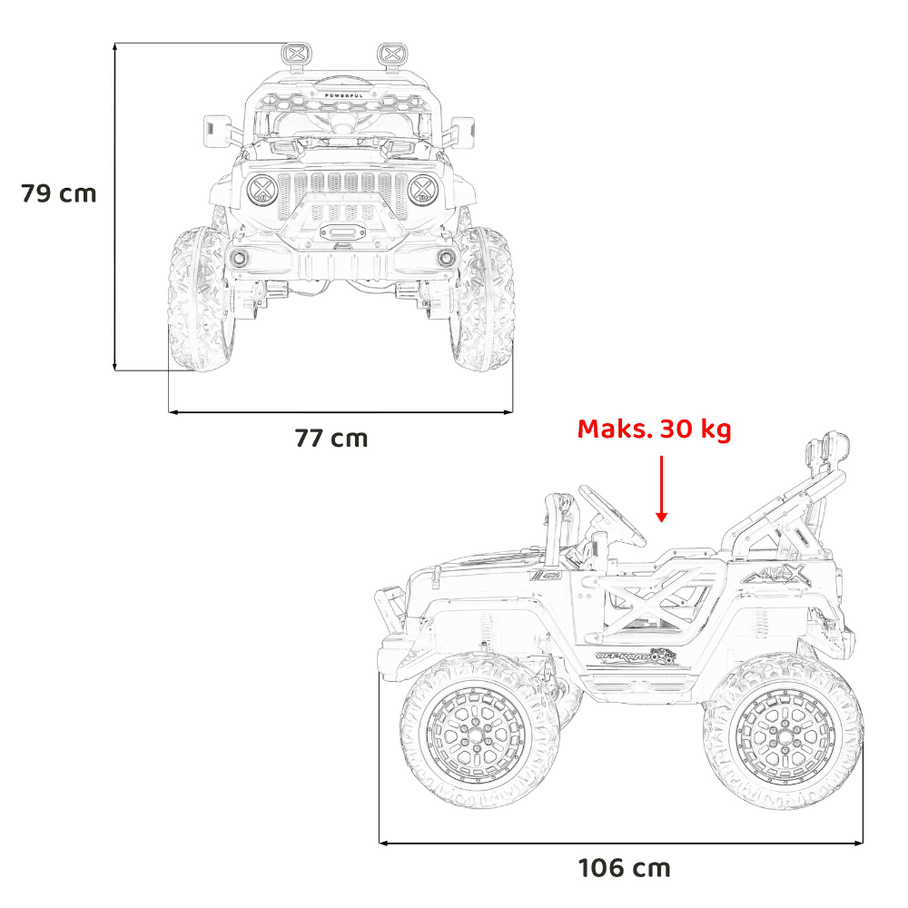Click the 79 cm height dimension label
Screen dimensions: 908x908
[58, 193]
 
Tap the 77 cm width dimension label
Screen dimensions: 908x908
[331, 439]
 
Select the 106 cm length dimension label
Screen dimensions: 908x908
[625, 868]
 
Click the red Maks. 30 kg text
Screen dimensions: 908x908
[655, 429]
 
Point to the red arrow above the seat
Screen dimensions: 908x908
[661, 489]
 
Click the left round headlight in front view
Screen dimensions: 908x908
[262, 190]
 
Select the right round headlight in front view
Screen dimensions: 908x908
[423, 190]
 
